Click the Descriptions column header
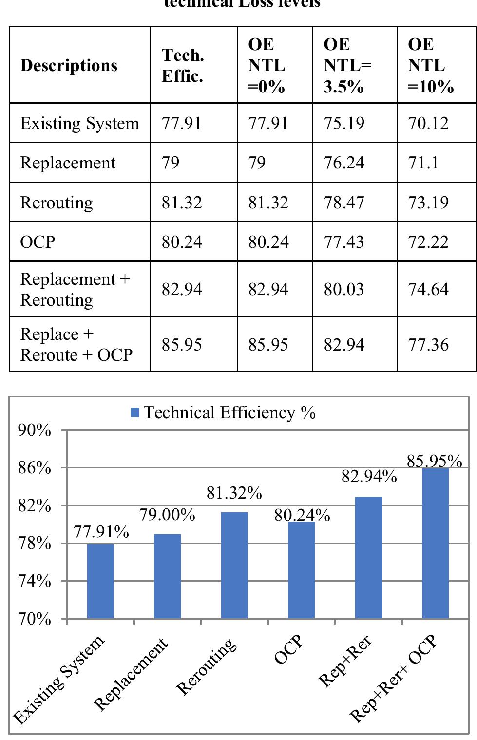click(x=69, y=65)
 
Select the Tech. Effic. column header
click(x=183, y=66)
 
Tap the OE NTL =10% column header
click(x=431, y=65)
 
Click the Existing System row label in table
click(x=79, y=123)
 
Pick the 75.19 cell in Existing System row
click(x=344, y=123)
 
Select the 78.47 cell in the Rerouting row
click(x=344, y=202)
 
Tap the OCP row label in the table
click(x=38, y=241)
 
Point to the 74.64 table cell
click(x=428, y=289)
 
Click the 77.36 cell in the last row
click(x=428, y=345)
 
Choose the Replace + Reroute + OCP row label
click(x=76, y=345)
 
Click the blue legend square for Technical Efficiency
click(x=135, y=413)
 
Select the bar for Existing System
click(x=100, y=581)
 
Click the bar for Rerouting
click(x=234, y=565)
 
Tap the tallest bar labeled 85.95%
click(x=435, y=543)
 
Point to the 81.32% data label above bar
click(x=234, y=493)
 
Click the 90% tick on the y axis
click(x=35, y=430)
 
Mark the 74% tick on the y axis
click(x=35, y=581)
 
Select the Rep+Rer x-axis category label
click(x=345, y=661)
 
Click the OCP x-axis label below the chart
click(x=288, y=650)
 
